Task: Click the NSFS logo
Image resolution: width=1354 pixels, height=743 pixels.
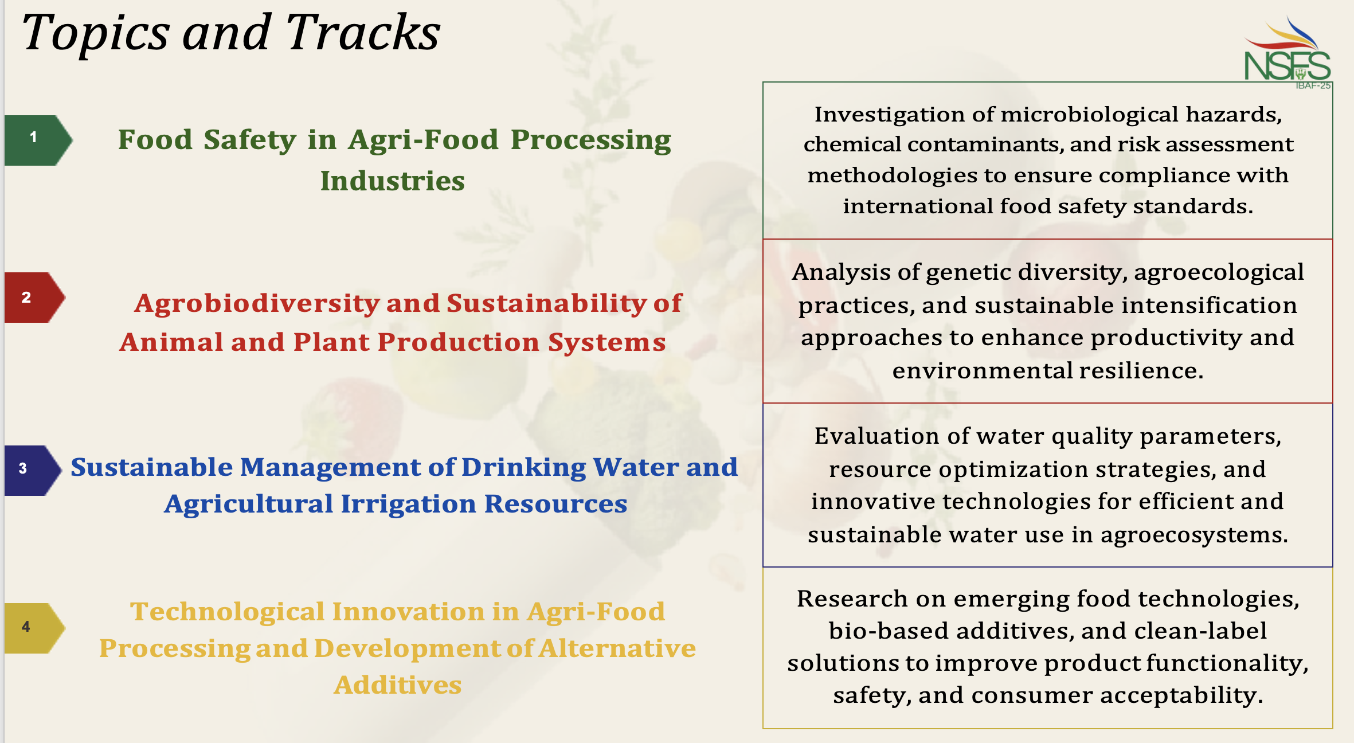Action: tap(1288, 52)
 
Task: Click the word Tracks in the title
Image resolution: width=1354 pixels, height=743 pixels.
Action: tap(363, 33)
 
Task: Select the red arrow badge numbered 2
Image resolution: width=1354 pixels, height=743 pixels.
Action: tap(35, 298)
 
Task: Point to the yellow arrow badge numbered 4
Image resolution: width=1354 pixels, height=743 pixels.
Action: tap(35, 628)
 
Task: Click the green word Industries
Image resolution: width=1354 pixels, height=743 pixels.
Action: tap(393, 181)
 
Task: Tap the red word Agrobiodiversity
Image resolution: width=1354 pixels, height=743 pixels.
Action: tap(257, 304)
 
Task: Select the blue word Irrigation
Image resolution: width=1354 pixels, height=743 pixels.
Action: tap(408, 505)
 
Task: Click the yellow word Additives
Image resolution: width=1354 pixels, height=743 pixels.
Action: tap(398, 685)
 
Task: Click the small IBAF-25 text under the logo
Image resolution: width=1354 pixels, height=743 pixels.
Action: tap(1313, 86)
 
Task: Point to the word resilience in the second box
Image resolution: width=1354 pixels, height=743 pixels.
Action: tap(1141, 371)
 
